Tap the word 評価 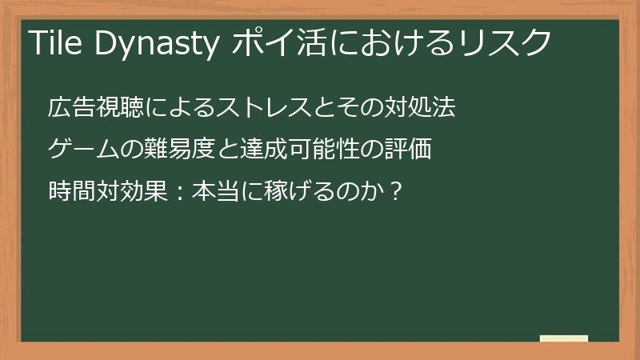[411, 149]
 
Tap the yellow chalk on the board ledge [564, 338]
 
